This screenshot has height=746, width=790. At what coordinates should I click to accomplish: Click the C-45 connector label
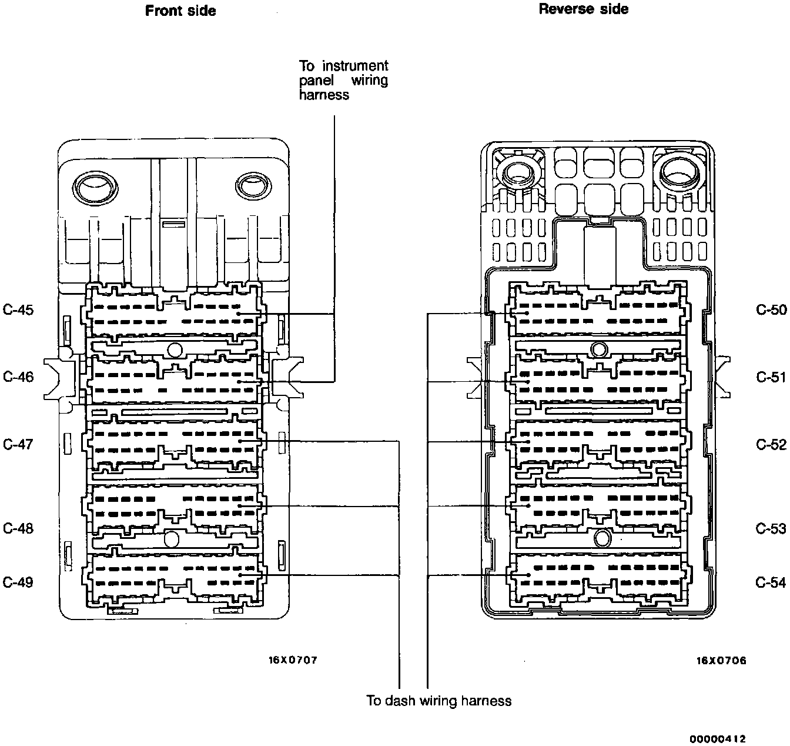(x=18, y=310)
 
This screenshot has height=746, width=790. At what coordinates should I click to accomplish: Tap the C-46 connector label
(x=18, y=377)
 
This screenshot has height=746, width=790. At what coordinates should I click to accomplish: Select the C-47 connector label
(x=18, y=444)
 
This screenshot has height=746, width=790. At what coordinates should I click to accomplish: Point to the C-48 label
(x=18, y=528)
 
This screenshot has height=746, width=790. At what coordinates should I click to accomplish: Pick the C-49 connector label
(x=18, y=582)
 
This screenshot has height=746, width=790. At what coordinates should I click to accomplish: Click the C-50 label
(x=771, y=310)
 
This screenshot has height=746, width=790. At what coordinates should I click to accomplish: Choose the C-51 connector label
(x=771, y=377)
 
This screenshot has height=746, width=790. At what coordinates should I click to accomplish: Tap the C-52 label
(x=771, y=444)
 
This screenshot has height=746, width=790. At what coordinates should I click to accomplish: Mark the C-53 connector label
(x=771, y=528)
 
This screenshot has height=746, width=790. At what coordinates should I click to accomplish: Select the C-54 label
(x=771, y=582)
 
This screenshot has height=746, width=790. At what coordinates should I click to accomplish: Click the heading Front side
(x=180, y=11)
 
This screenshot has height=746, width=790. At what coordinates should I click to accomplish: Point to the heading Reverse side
(x=584, y=9)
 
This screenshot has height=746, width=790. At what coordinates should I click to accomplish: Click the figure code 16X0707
(x=293, y=660)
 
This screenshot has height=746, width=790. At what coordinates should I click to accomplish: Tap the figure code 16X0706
(x=721, y=661)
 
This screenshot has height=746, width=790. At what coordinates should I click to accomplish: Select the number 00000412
(x=718, y=739)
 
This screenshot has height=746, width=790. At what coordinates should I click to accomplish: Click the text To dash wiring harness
(x=438, y=701)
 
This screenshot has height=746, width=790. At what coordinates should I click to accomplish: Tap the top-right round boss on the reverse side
(x=679, y=174)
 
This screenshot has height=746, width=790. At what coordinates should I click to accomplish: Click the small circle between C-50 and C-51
(x=599, y=349)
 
